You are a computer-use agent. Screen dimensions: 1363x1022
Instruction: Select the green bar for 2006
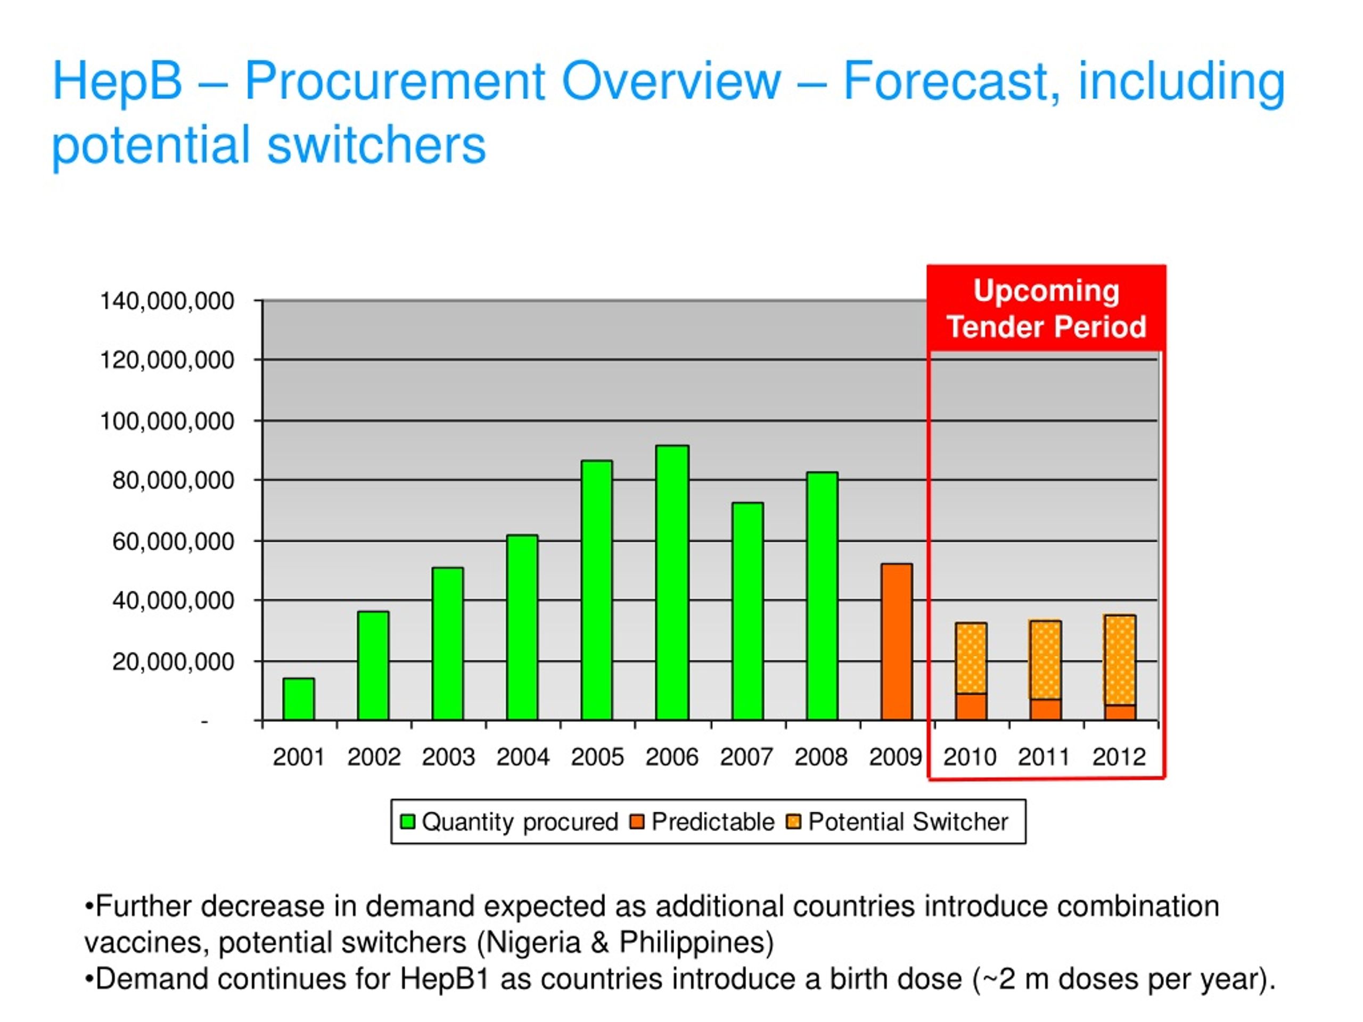click(672, 582)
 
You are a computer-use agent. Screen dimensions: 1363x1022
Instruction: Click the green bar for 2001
click(299, 699)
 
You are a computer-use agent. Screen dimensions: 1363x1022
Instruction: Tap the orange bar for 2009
click(897, 642)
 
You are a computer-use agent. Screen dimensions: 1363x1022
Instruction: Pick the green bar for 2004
click(522, 627)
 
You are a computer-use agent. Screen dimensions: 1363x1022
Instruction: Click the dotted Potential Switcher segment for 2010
click(971, 658)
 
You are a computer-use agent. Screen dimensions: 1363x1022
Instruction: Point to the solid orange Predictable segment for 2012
click(1120, 713)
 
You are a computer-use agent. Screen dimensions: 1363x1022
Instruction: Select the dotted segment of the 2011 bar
click(1046, 660)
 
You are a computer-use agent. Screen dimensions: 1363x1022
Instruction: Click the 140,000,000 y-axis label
click(167, 301)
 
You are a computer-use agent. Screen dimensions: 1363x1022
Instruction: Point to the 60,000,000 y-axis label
click(173, 541)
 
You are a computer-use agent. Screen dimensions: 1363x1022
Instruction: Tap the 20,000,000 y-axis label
click(173, 662)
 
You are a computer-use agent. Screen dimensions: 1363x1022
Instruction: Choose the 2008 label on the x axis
click(821, 757)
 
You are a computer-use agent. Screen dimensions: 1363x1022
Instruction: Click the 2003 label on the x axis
click(448, 757)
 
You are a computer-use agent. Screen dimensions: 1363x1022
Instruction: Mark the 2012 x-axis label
click(1119, 757)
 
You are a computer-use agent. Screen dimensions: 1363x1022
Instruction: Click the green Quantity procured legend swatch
click(407, 822)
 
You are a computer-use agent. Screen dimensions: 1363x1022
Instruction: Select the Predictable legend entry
click(702, 822)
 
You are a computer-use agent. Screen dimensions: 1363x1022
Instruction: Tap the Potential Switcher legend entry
click(898, 822)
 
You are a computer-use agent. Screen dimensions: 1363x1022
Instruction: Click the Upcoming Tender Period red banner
click(1046, 309)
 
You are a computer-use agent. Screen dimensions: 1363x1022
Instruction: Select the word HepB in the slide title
click(118, 83)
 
